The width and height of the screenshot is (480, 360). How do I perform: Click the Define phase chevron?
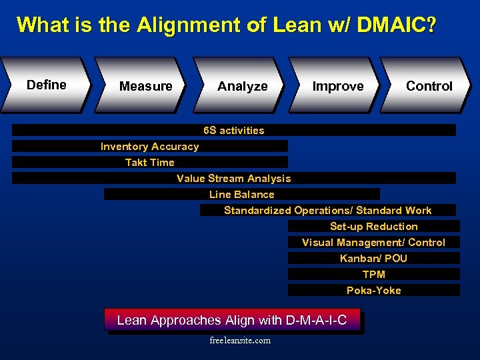point(46,85)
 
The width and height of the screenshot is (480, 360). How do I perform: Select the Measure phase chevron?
point(145,86)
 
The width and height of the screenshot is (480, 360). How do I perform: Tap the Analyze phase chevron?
point(242,86)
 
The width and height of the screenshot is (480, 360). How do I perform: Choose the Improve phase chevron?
point(338,86)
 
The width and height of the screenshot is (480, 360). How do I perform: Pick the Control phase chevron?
point(429,86)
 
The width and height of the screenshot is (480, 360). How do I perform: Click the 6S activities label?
point(233,131)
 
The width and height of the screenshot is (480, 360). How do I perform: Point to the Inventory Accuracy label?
point(149,147)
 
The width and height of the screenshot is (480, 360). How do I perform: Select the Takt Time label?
point(149,163)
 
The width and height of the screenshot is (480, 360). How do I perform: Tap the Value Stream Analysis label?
point(233,179)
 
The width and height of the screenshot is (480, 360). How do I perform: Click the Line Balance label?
point(241,195)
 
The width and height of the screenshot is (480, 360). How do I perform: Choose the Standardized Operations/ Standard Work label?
point(327,211)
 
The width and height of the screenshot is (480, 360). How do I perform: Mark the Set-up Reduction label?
point(373,227)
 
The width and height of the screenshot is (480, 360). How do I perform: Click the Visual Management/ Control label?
point(373,243)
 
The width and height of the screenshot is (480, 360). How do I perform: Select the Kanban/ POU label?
point(373,259)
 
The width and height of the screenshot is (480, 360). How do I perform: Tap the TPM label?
point(373,275)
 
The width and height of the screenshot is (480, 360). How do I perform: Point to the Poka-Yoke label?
point(373,291)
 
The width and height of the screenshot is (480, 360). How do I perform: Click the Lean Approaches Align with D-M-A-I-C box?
point(232,320)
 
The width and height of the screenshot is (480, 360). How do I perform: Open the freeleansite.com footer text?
point(240,341)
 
